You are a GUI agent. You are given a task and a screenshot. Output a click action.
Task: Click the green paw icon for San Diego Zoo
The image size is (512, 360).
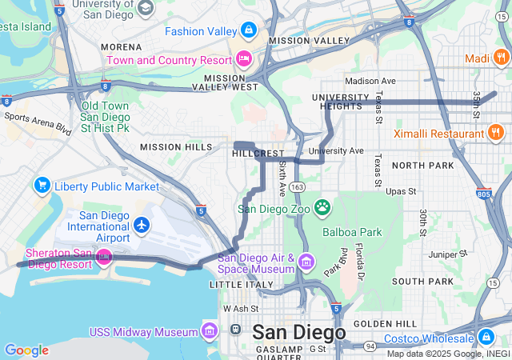(x=322, y=208)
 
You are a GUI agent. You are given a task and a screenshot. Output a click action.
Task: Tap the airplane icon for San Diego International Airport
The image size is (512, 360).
(x=142, y=226)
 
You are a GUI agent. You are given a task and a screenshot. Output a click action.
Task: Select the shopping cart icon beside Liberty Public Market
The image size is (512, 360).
(x=42, y=186)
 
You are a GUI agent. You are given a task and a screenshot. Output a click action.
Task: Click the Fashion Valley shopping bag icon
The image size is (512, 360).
(x=250, y=30)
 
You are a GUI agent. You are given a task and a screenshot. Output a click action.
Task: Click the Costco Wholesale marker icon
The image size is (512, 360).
(x=486, y=336)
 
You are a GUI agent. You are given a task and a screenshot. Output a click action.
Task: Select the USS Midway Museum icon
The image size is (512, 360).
(x=210, y=331)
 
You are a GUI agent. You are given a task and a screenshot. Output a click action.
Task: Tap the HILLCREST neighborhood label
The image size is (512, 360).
(x=258, y=153)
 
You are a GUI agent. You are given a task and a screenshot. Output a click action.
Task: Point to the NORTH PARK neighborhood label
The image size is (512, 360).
(x=423, y=165)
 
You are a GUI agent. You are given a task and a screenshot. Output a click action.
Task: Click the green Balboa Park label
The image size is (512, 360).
(x=354, y=232)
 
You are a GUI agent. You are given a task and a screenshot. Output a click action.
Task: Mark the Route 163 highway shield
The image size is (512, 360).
(x=297, y=186)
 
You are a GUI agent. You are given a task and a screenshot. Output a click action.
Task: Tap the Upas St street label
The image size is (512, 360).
(x=401, y=192)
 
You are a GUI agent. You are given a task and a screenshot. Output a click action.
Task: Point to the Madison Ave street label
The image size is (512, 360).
(x=370, y=81)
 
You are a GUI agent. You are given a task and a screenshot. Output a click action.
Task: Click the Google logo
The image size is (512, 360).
(x=26, y=350)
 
